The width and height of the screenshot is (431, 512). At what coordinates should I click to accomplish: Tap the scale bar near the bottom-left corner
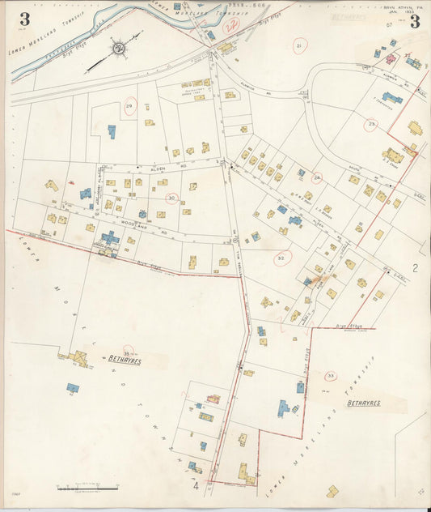pos(89,489)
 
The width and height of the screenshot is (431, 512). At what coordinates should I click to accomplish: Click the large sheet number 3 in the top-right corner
pos(414,20)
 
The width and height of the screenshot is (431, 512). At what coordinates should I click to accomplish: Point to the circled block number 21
pos(299,47)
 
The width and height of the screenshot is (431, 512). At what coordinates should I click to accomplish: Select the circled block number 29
pos(129,105)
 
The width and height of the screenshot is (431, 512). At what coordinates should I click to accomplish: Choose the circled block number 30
pos(171,197)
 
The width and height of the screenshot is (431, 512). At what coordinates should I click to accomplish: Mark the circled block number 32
pos(281,258)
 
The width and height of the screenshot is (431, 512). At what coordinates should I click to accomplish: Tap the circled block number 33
pos(330,376)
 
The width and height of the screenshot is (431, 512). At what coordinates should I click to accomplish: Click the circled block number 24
pos(317,177)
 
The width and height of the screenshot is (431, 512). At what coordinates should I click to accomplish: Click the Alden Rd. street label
pos(158,169)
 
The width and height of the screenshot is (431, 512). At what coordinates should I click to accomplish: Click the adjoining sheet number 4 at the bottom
pos(196,486)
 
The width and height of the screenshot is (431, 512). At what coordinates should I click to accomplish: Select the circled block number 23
pos(371,124)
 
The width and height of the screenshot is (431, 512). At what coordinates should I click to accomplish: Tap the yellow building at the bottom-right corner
pos(332,491)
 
